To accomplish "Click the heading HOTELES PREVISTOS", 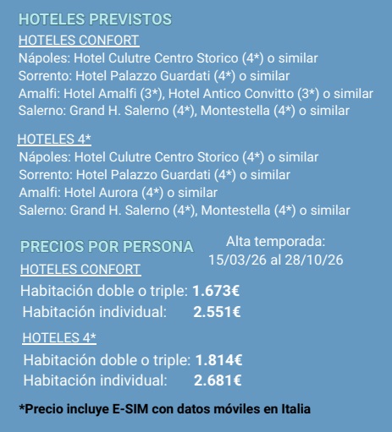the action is (x=94, y=19).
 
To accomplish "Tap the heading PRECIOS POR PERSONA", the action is (x=107, y=247).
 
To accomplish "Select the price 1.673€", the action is (x=216, y=291).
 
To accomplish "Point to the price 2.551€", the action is (x=217, y=312).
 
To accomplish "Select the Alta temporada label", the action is (x=275, y=242).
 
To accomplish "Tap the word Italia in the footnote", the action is (x=293, y=409).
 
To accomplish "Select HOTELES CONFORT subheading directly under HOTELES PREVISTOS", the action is (x=79, y=40).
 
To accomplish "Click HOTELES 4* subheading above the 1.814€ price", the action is (x=59, y=338).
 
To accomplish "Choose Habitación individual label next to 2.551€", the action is (x=93, y=312).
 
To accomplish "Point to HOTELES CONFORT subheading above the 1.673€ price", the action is (x=80, y=270).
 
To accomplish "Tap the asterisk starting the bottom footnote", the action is (x=21, y=407).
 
